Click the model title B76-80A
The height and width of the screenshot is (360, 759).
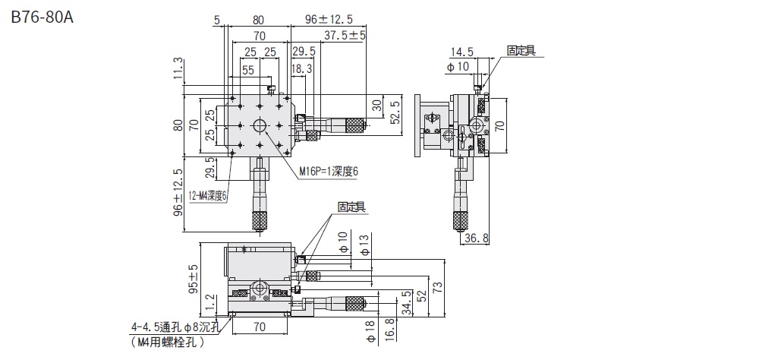pyautogui.click(x=43, y=17)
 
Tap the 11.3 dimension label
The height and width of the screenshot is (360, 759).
pyautogui.click(x=178, y=68)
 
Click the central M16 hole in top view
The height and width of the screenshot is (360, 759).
pyautogui.click(x=260, y=125)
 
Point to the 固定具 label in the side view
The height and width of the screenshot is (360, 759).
pyautogui.click(x=521, y=50)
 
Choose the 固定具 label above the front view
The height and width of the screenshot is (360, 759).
pyautogui.click(x=351, y=206)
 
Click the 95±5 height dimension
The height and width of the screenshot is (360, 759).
pyautogui.click(x=193, y=279)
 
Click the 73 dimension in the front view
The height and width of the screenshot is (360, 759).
pyautogui.click(x=436, y=287)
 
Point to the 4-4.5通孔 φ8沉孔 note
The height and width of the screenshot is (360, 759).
pyautogui.click(x=174, y=328)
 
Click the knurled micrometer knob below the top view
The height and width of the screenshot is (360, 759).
pyautogui.click(x=260, y=220)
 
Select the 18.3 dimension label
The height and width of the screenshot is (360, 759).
pyautogui.click(x=301, y=68)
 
